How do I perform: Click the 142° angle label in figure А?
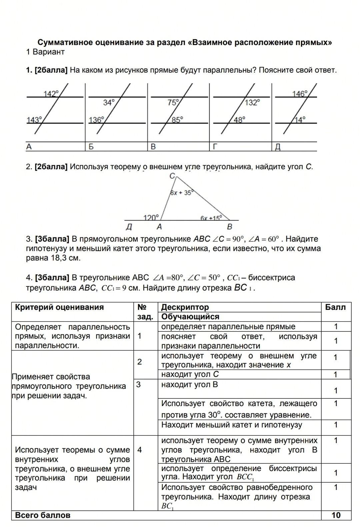51,94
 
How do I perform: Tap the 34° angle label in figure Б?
109,102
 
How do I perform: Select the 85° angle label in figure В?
177,119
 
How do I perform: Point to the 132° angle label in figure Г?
252,102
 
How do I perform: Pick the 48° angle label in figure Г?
239,119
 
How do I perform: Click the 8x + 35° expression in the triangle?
181,193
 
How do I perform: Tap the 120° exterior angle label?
151,218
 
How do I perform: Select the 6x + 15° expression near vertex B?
211,218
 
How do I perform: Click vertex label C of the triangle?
172,176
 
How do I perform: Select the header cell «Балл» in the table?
336,307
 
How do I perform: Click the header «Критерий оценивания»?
59,307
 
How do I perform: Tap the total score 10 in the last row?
336,515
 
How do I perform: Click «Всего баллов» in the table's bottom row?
43,515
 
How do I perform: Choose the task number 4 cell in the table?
140,450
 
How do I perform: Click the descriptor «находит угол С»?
190,374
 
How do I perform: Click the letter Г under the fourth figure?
215,147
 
